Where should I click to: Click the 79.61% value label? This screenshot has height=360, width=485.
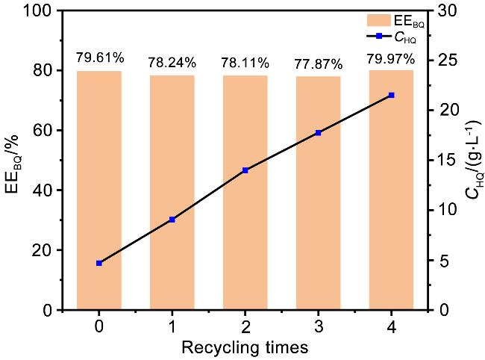click(99, 58)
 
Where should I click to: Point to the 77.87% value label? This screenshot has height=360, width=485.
click(318, 63)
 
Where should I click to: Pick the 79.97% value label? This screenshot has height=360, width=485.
click(391, 58)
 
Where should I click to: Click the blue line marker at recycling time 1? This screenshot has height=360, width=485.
click(172, 220)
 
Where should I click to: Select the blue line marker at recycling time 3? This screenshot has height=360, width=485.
click(318, 133)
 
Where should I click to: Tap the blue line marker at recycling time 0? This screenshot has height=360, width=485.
click(98, 263)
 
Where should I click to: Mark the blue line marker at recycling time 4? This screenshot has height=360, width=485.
click(391, 95)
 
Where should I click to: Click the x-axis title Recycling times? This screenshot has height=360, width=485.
click(245, 347)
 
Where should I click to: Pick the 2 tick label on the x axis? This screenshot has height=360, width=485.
click(245, 326)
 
